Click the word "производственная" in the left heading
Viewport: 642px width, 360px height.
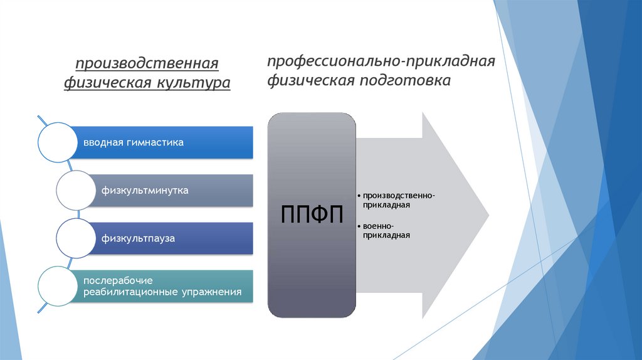[x=147, y=64]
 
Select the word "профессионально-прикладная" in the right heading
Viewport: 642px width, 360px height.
[x=381, y=62]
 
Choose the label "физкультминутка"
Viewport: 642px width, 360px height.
[x=145, y=190]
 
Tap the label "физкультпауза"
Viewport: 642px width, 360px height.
[x=138, y=238]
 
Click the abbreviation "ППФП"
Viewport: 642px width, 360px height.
[x=312, y=216]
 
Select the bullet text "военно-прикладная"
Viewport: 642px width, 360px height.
[x=386, y=230]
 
